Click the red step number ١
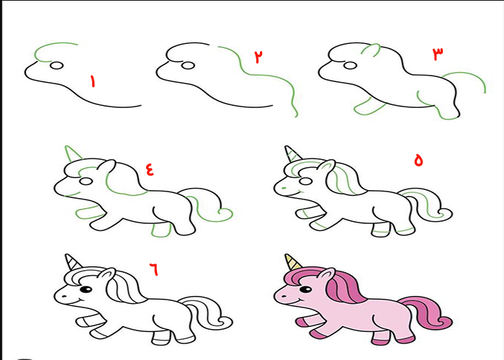(x=93, y=81)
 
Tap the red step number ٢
(x=258, y=57)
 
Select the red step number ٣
(x=438, y=54)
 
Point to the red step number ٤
(x=150, y=169)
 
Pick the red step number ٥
(x=418, y=160)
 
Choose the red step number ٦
(x=153, y=269)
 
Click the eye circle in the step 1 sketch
(x=57, y=66)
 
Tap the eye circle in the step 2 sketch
(x=188, y=66)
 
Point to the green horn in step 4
(x=73, y=153)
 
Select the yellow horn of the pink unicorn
(x=292, y=262)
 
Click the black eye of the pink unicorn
(x=306, y=289)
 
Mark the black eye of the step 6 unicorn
(x=86, y=289)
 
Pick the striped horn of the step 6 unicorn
(x=73, y=262)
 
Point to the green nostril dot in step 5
(x=284, y=187)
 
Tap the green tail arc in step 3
(x=465, y=78)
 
